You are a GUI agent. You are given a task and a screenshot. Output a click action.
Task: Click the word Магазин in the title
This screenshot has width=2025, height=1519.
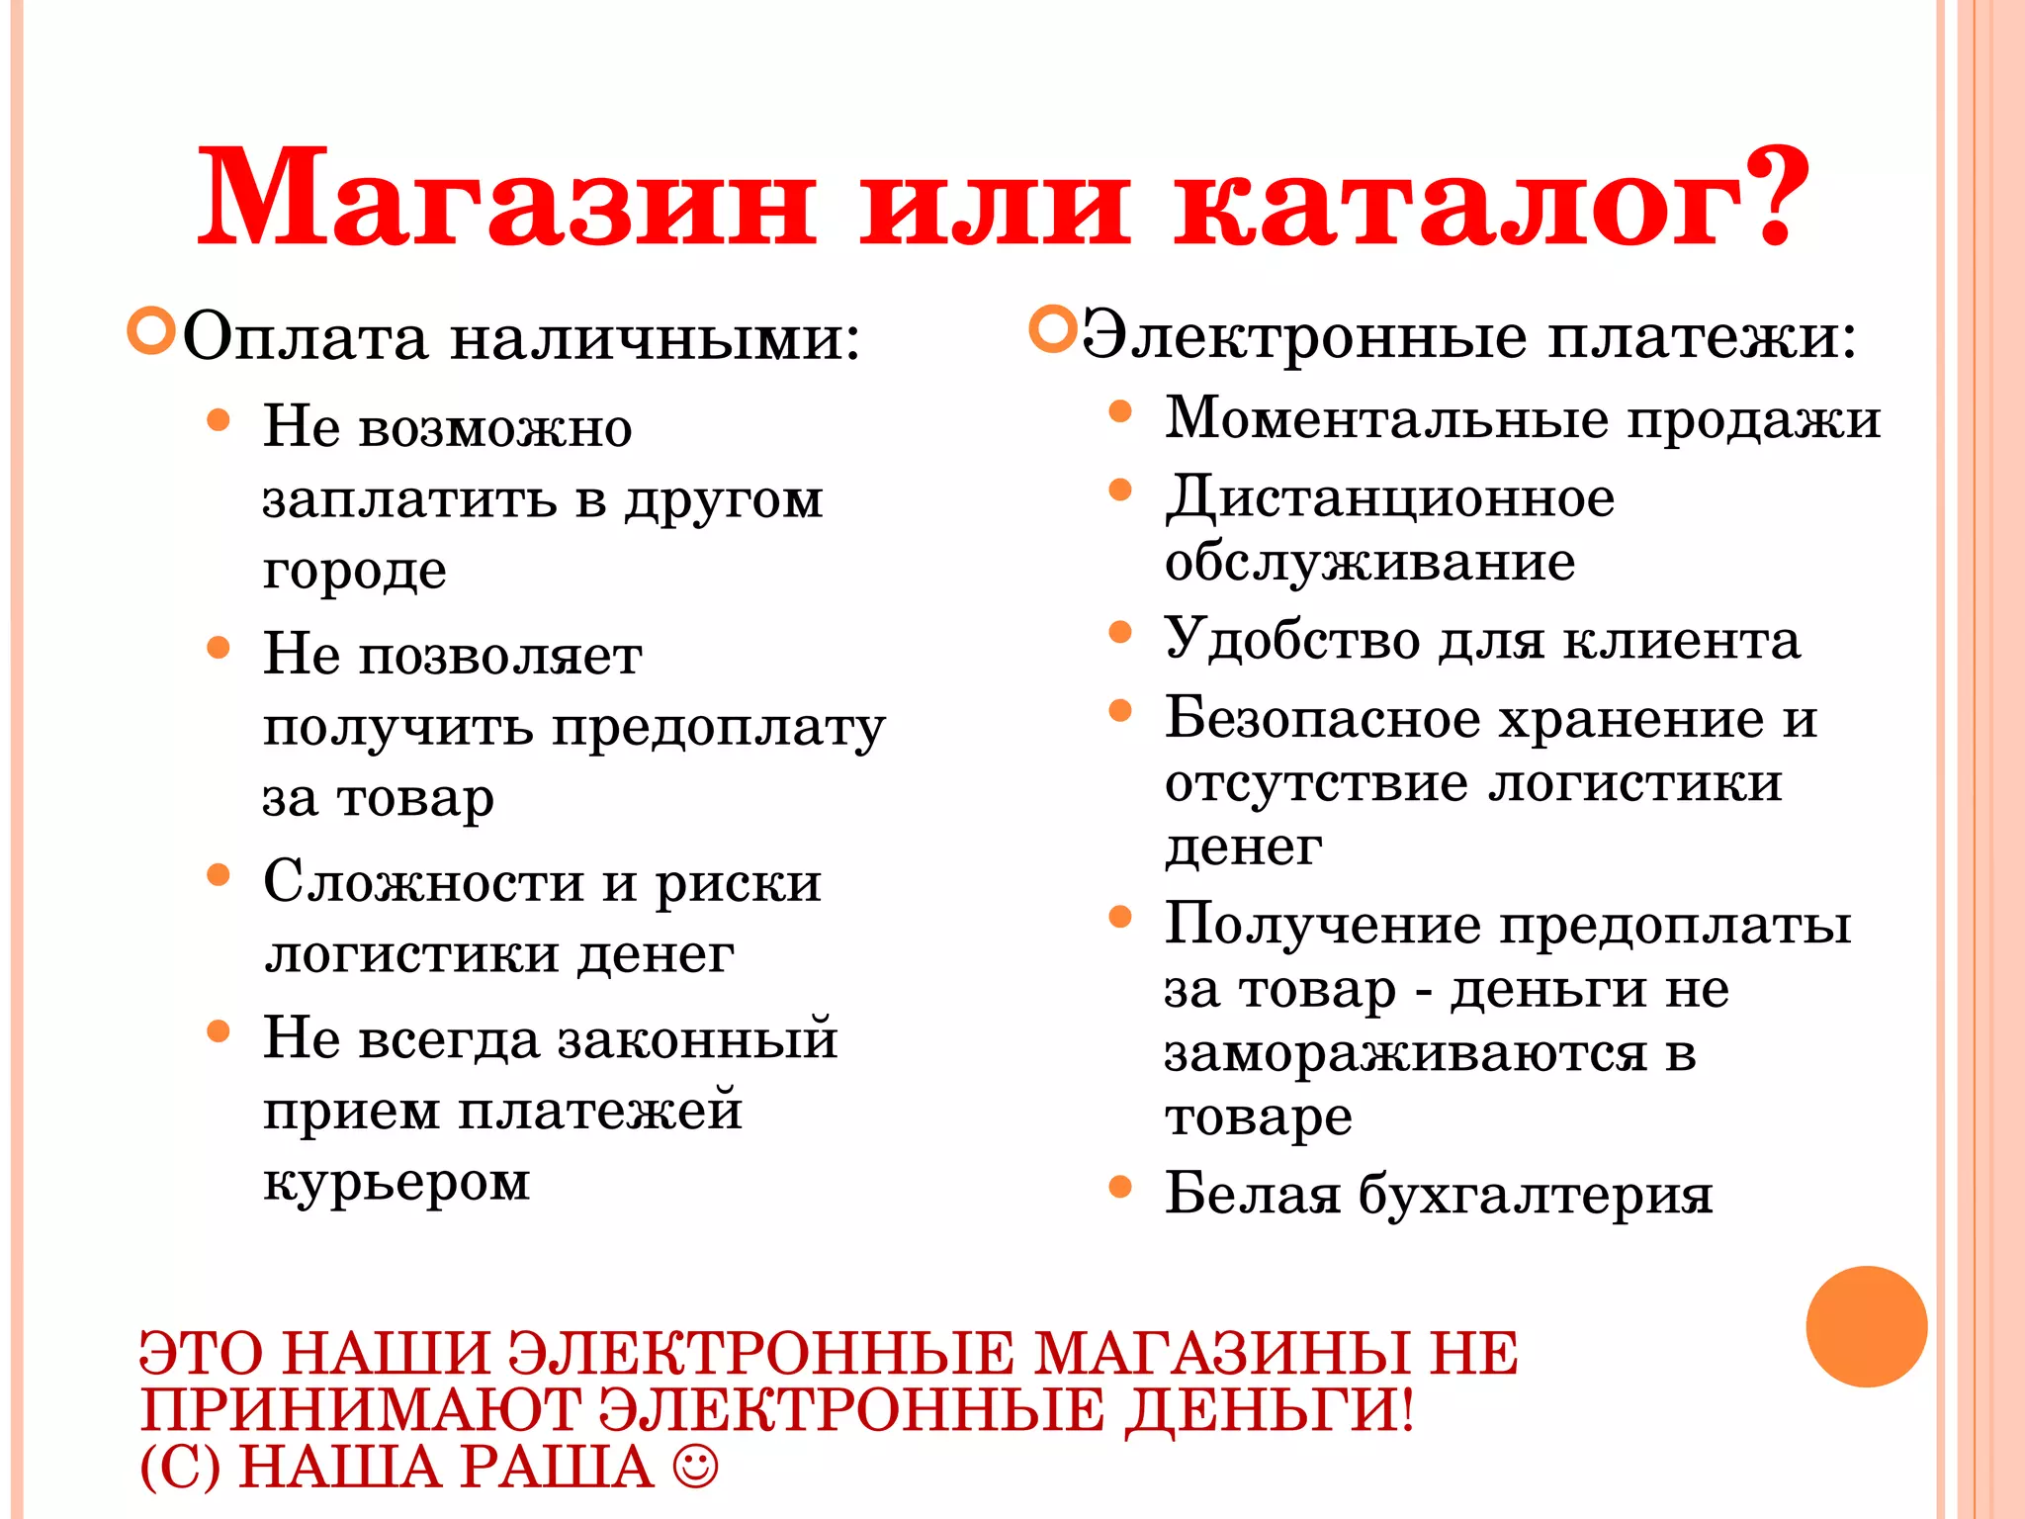coord(506,198)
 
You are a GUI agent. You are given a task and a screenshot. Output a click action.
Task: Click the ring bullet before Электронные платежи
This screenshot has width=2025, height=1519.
coord(1052,329)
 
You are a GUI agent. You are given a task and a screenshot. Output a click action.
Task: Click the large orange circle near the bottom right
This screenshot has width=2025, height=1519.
coord(1866,1326)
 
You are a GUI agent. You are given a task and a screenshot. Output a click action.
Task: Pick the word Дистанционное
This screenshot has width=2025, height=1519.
coord(1389,497)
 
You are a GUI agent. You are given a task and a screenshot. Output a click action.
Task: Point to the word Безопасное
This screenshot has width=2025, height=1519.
coord(1322,718)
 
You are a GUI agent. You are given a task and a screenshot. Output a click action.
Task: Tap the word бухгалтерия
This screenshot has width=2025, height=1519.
coord(1535,1195)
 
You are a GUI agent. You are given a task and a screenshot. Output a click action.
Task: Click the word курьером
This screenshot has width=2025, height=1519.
coord(396,1183)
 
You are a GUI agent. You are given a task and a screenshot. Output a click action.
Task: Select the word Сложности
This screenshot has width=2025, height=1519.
coord(423,881)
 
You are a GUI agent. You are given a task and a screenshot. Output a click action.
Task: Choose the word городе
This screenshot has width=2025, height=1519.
coord(354,572)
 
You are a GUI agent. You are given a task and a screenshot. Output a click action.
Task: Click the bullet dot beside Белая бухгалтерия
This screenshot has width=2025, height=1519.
coord(1119,1186)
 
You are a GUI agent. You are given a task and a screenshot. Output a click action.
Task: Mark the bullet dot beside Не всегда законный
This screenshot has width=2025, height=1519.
coord(219,1032)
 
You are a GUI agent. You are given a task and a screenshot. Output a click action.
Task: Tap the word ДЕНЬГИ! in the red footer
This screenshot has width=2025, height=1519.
coord(1270,1410)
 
